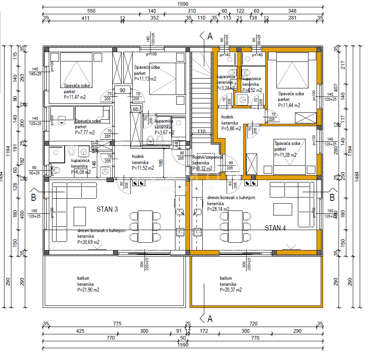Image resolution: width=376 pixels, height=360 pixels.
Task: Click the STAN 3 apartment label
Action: tap(107, 209)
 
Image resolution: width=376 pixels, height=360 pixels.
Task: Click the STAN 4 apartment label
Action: tap(275, 228)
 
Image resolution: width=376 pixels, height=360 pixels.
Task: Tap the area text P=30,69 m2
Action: tap(88, 242)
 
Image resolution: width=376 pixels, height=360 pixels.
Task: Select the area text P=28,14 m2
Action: tap(218, 209)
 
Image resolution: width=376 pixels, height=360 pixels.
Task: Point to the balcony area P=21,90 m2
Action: tap(88, 290)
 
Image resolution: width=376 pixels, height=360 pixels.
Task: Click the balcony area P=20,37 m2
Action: tap(231, 290)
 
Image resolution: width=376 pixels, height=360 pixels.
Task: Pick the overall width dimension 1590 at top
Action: tap(183, 4)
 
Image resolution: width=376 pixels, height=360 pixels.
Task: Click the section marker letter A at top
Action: tap(210, 36)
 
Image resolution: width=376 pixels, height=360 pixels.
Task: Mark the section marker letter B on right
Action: tap(332, 198)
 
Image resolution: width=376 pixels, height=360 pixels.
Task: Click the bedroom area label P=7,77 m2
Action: tap(85, 132)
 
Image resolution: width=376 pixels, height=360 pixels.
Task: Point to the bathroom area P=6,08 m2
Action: tap(81, 172)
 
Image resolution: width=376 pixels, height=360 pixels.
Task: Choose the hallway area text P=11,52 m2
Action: tap(143, 167)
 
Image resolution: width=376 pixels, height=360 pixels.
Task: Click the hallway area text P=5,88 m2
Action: tap(231, 128)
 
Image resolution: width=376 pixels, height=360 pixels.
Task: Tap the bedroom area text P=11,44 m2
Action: tap(289, 105)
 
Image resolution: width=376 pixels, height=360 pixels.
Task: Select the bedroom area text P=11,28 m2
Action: tap(286, 155)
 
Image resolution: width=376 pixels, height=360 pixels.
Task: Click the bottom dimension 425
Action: tap(80, 331)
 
